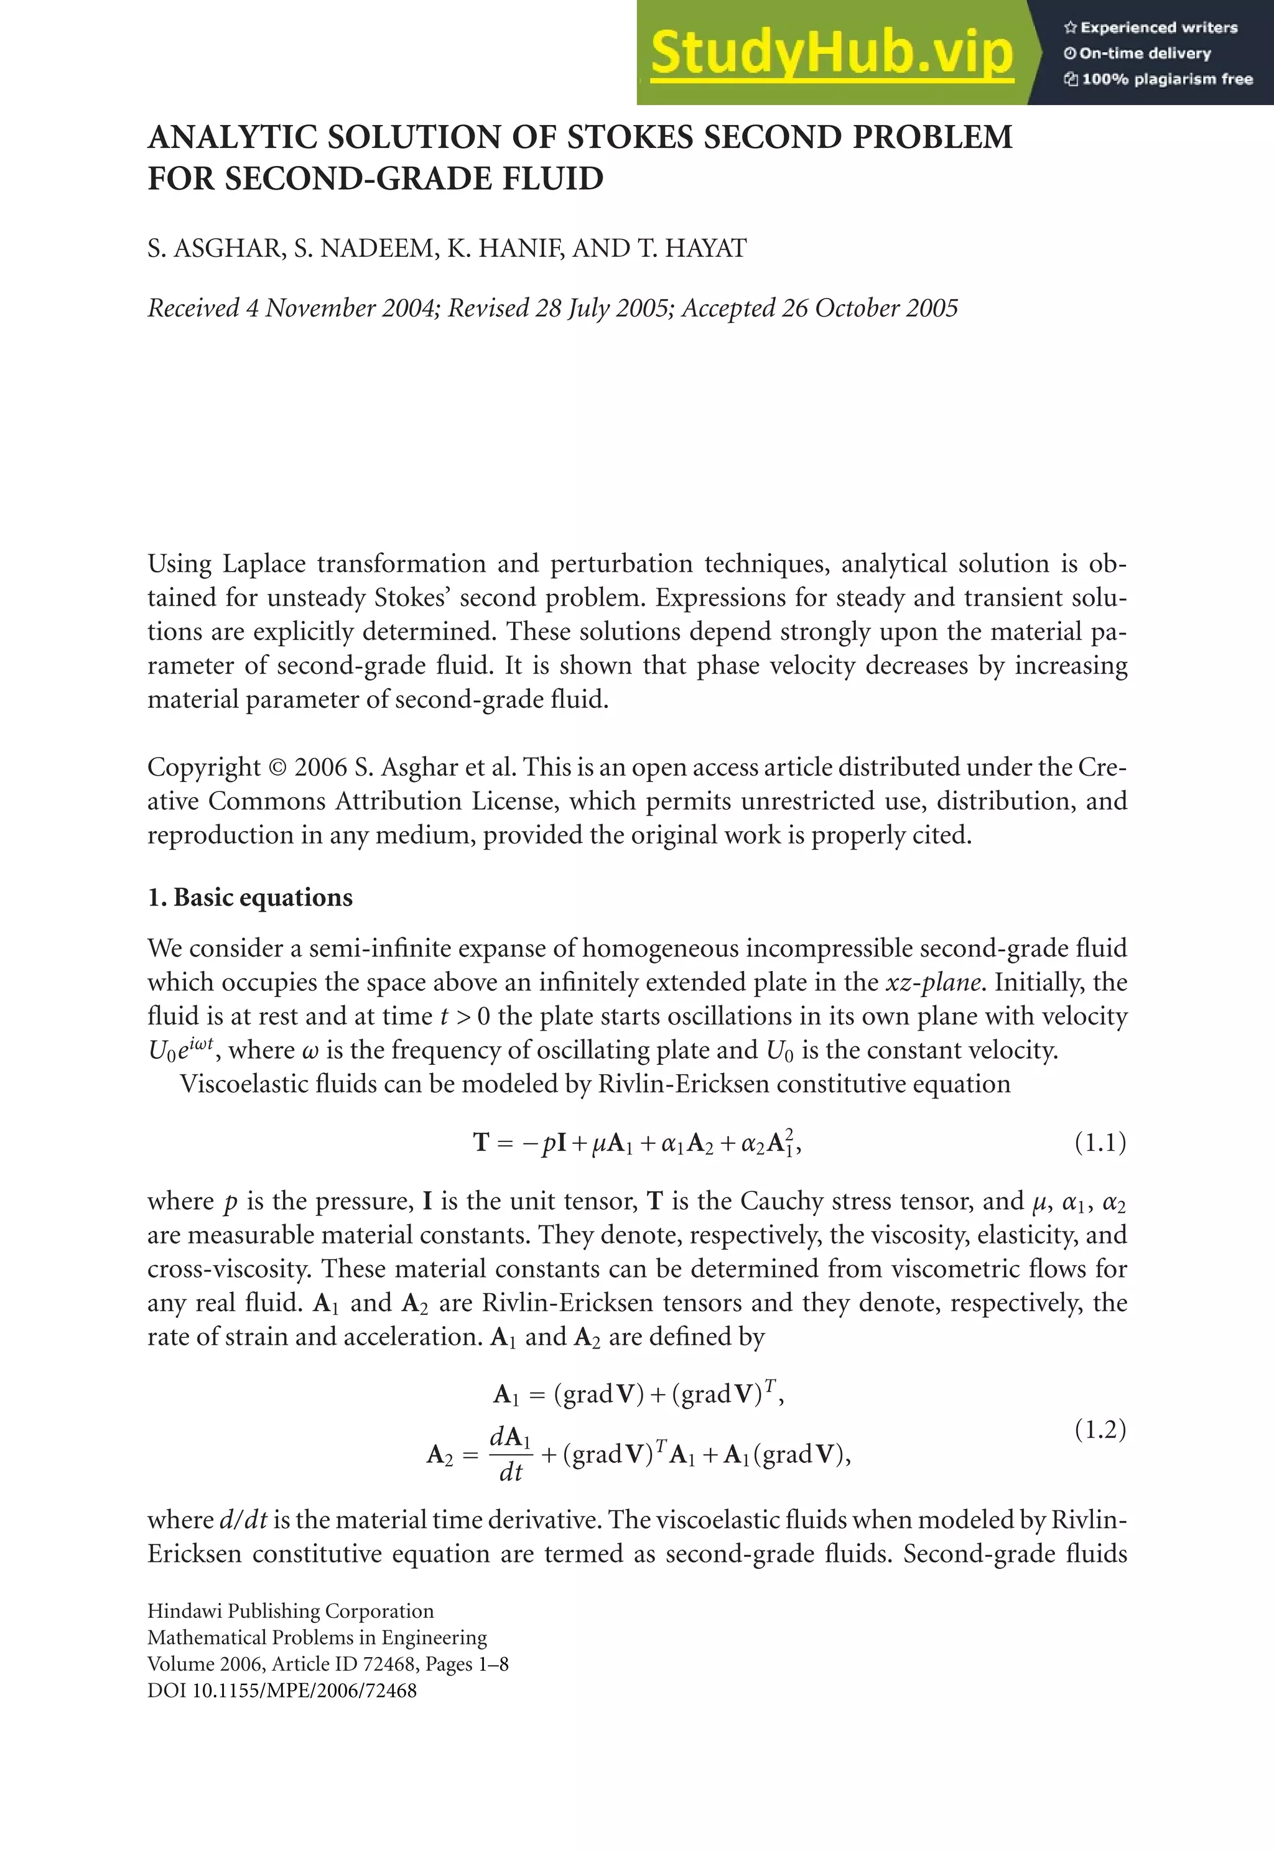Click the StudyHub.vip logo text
tap(832, 53)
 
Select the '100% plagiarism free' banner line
tap(1158, 79)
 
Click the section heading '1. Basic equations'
tap(250, 898)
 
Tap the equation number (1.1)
tap(1100, 1143)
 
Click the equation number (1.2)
tap(1100, 1429)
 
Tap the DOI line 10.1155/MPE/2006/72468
tap(282, 1690)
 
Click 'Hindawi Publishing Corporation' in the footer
tap(291, 1611)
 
